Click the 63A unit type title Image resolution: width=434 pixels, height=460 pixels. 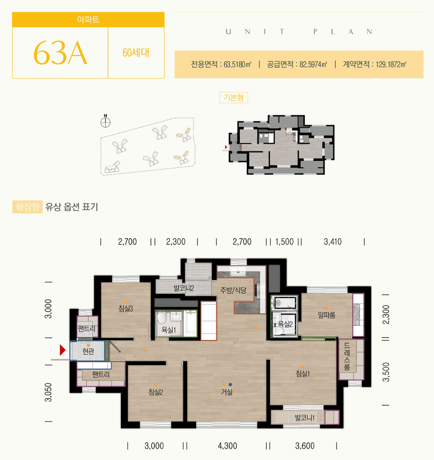60,53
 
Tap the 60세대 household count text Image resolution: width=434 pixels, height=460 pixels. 136,53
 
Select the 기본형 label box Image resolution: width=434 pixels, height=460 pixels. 233,98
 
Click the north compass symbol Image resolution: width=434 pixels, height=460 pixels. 105,121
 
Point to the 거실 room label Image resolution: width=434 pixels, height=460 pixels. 227,392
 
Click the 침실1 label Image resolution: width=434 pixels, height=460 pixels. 302,373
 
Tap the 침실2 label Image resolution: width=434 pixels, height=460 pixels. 156,392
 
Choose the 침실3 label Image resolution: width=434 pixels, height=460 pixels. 126,308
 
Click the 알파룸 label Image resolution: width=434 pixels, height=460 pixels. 326,315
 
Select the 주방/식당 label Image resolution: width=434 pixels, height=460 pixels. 233,290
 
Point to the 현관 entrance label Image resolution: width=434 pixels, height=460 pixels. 88,351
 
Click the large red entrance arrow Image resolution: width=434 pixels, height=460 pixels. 62,350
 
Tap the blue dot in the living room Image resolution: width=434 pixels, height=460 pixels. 230,385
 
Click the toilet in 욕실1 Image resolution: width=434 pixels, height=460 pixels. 161,318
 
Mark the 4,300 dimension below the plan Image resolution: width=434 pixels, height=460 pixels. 228,446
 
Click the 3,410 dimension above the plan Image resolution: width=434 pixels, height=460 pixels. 333,242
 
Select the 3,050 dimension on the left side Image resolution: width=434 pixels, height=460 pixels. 49,392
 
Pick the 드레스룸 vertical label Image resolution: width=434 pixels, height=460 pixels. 347,356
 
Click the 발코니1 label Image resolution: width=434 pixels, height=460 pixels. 305,418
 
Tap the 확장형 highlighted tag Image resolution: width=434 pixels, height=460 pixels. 28,207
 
